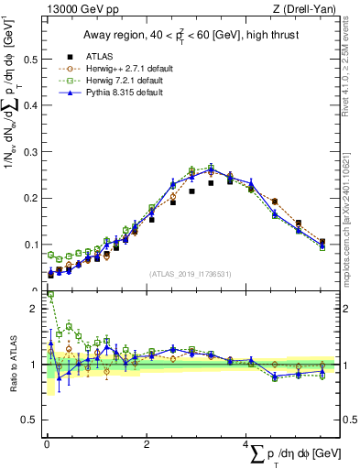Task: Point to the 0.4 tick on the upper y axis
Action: (x=33, y=105)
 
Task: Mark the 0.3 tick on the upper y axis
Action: (x=33, y=152)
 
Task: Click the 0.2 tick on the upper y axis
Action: (x=33, y=198)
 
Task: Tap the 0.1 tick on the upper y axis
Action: (x=33, y=245)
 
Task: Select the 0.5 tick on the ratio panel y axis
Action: (x=33, y=420)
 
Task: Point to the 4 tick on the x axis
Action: (x=247, y=444)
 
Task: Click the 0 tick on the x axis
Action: (x=47, y=444)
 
